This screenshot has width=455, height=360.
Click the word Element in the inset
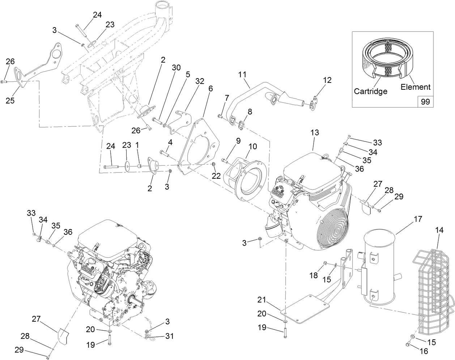tap(415, 87)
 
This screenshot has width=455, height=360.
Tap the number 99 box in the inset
tap(425, 102)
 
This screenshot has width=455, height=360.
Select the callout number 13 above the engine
tap(315, 133)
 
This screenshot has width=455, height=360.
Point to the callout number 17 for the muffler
tap(418, 219)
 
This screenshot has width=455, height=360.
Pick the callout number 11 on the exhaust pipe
tap(242, 75)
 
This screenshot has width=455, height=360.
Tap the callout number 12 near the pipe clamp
tap(327, 80)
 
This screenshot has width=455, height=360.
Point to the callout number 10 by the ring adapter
tap(252, 147)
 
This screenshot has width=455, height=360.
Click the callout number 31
tap(169, 336)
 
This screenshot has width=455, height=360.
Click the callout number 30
tap(176, 67)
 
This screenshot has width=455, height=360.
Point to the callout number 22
tap(216, 175)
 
